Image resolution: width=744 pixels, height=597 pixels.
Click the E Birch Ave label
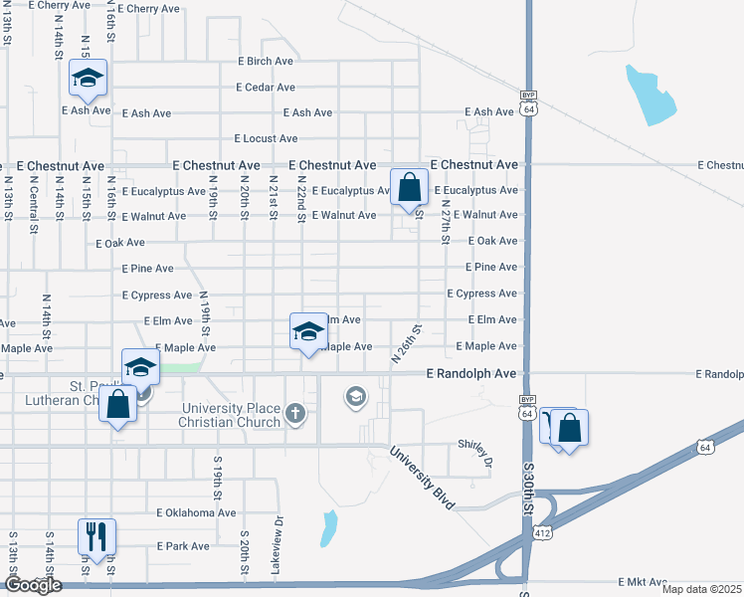coord(266,61)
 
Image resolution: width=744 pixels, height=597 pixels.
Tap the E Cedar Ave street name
coord(267,88)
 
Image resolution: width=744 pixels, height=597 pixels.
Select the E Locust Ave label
coord(266,138)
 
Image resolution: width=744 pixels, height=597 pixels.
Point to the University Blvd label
coord(422,478)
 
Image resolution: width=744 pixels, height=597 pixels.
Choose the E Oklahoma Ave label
coord(197,513)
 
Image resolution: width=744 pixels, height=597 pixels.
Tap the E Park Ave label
coord(184,546)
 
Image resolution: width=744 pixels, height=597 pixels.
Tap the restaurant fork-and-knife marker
coord(96,536)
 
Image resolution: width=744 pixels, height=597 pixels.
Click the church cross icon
coord(294,412)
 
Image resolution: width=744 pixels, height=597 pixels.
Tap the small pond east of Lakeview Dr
coord(328,528)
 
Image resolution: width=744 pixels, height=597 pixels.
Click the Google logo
coord(33,585)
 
